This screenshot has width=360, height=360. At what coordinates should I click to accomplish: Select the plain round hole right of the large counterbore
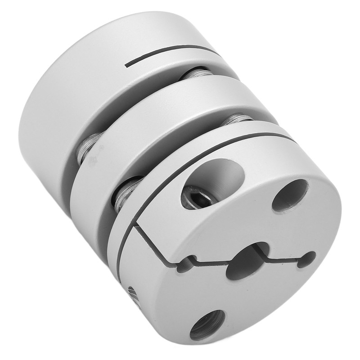[290, 195]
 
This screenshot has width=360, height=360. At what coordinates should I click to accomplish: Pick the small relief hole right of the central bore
[307, 259]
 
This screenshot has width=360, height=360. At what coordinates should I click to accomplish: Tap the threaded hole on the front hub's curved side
[133, 297]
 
